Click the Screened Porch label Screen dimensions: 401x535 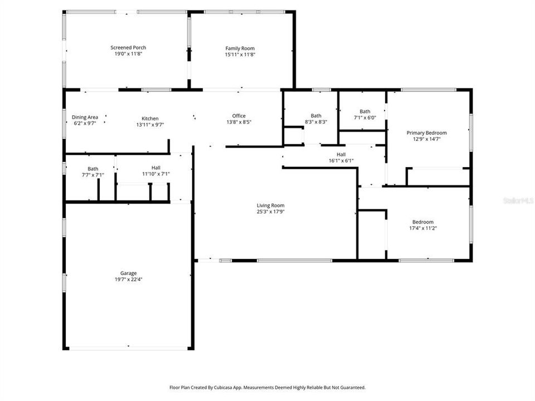coord(128,48)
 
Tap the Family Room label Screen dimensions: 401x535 coord(240,48)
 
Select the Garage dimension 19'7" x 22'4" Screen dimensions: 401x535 coord(128,280)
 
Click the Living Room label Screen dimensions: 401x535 coord(270,206)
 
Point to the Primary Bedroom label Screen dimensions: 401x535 coord(426,133)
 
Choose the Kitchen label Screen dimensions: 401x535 coord(150,119)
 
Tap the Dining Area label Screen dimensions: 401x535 coord(85,117)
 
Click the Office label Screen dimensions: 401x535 coord(239,116)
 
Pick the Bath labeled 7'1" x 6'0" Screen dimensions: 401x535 coord(365,118)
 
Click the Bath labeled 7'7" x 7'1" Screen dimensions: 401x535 coord(93,174)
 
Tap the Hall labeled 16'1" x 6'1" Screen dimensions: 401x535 coord(341,160)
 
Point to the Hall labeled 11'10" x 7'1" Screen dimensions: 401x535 coord(156,174)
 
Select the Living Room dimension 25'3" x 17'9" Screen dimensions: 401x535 coord(270,212)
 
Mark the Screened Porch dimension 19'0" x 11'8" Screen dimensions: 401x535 coord(128,54)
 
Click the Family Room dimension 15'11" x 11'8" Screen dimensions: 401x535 coord(240,55)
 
